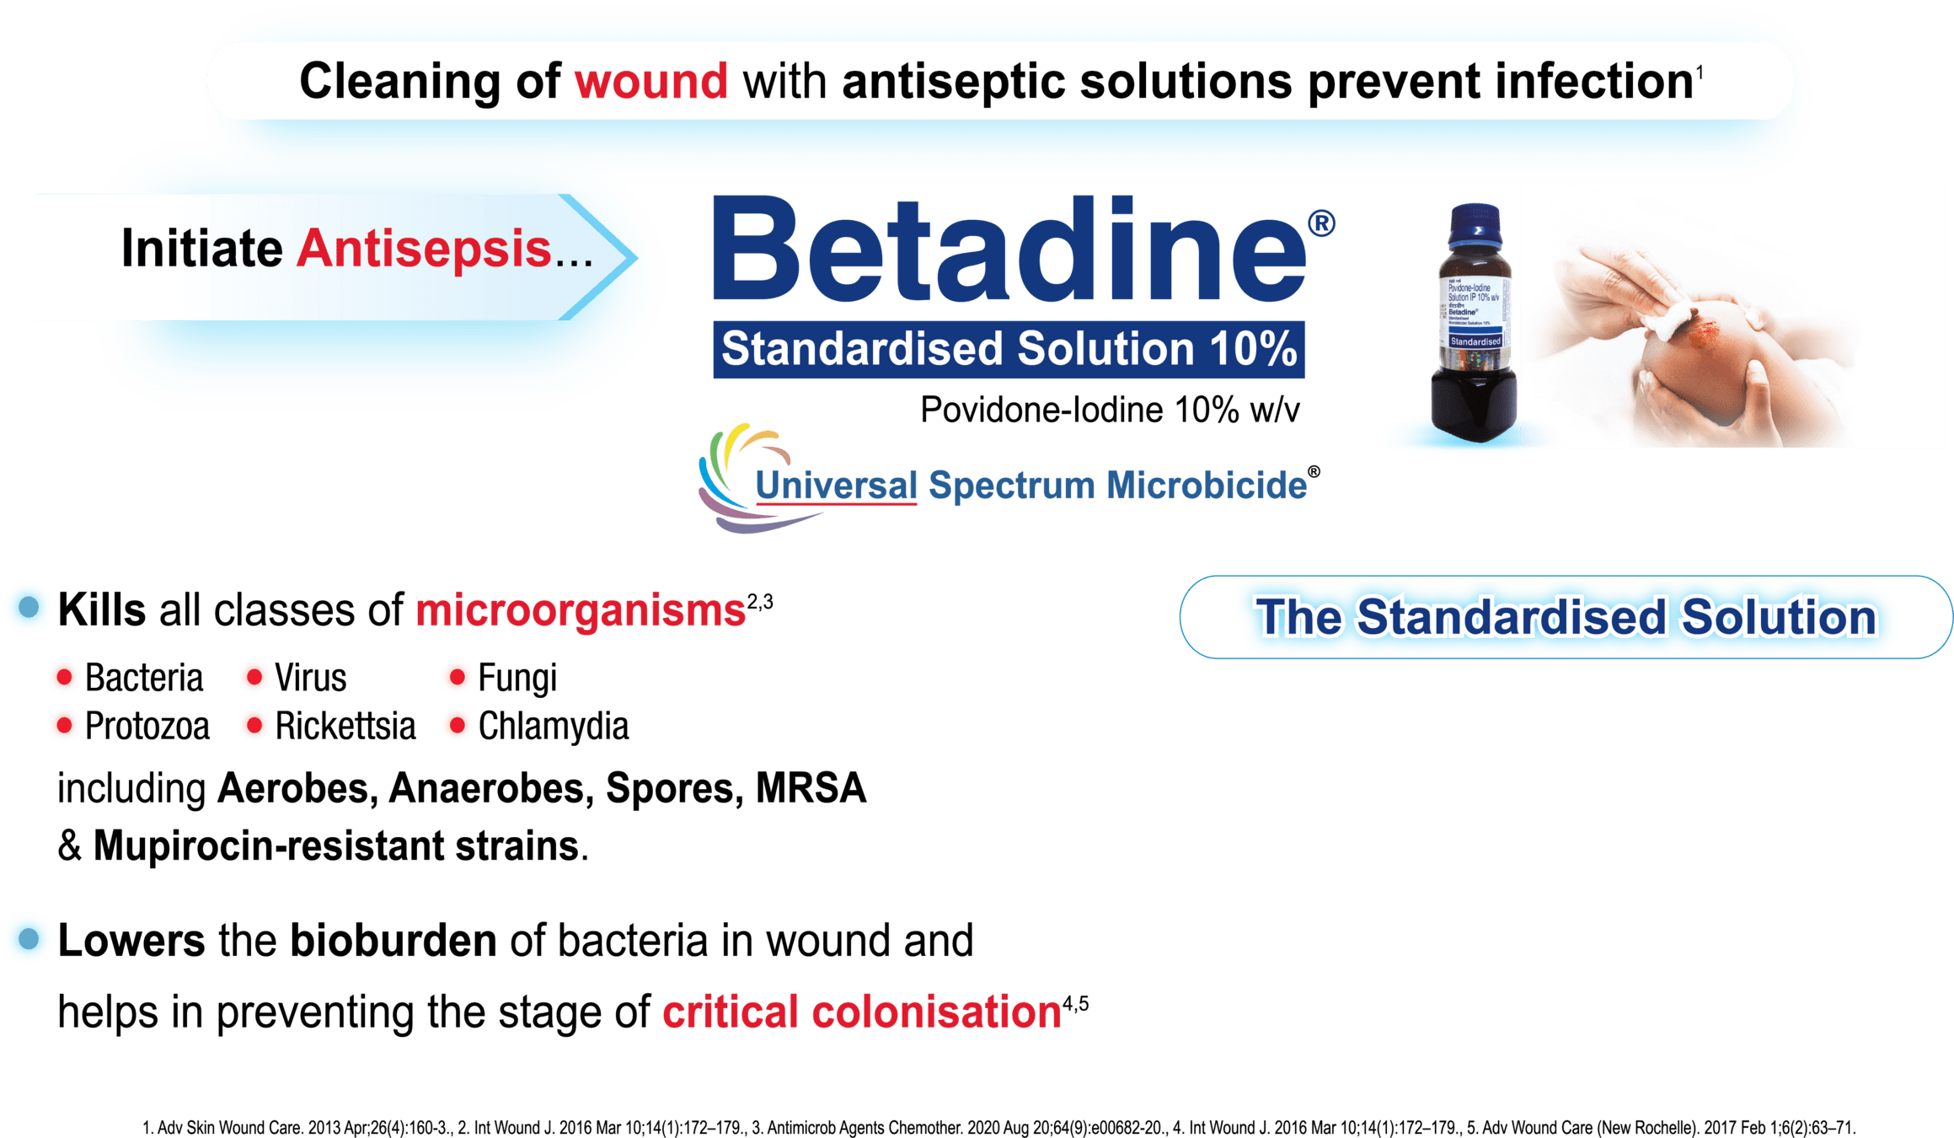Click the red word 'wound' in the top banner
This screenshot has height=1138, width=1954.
tap(650, 82)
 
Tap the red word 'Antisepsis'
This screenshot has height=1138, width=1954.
tap(423, 249)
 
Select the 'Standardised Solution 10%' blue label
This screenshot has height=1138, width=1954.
tap(1009, 349)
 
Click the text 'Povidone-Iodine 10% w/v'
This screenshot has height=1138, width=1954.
tap(1109, 411)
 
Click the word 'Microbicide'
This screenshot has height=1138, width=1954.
tap(1207, 486)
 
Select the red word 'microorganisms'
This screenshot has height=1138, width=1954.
tap(581, 610)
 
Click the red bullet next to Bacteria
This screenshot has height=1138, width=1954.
tap(63, 677)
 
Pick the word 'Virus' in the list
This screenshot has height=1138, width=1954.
tap(311, 678)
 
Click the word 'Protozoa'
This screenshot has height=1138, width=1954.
tap(147, 726)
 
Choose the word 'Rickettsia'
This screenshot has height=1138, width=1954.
tap(345, 726)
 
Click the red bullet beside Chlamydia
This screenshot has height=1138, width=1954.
tap(457, 726)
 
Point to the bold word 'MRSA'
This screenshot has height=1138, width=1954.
tap(811, 789)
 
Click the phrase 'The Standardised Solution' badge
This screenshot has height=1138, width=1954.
tap(1566, 617)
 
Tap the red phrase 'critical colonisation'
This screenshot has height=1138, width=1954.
tap(861, 1012)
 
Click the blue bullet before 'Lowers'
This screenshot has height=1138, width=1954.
tap(29, 938)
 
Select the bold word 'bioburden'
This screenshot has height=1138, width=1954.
tap(393, 941)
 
